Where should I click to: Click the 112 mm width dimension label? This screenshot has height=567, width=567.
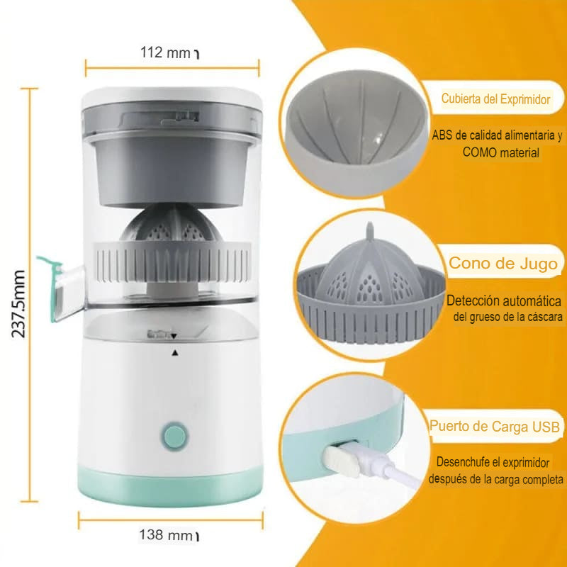point(165,52)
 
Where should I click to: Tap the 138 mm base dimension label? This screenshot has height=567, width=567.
point(166,534)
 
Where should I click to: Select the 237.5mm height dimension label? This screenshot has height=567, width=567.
point(18,304)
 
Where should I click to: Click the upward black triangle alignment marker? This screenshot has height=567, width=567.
point(175,353)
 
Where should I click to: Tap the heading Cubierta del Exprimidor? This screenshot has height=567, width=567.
point(495,99)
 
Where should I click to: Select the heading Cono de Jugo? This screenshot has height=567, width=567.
point(503,263)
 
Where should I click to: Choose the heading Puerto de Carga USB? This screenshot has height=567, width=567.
point(495,427)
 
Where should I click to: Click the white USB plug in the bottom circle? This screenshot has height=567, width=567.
point(342,461)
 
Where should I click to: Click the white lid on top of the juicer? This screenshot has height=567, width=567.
point(172,97)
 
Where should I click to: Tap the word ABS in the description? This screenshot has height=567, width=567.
point(442,135)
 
